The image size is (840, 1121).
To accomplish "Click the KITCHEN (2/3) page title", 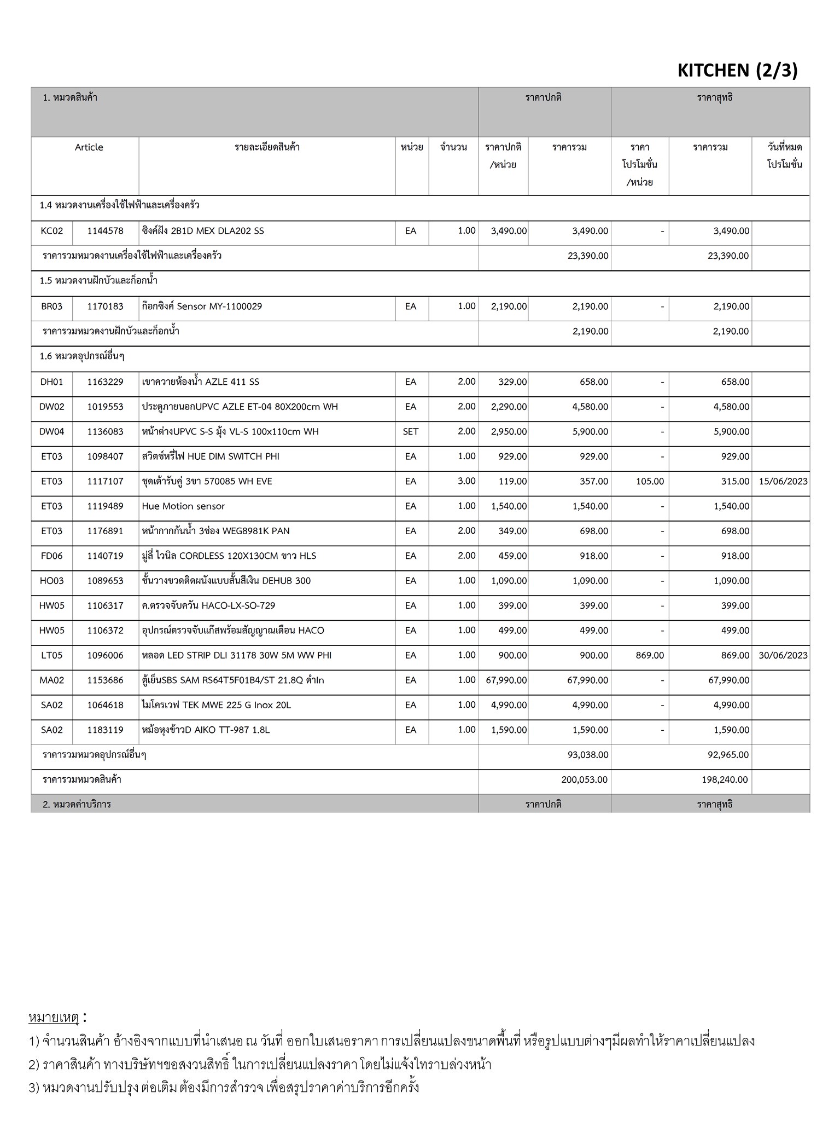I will (x=737, y=71).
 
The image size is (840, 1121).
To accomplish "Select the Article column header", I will (x=89, y=147).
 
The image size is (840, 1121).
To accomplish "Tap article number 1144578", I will (x=105, y=231).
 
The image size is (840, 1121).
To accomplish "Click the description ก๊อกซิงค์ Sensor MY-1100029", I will (x=202, y=307).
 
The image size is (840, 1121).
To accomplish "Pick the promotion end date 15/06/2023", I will (x=783, y=482).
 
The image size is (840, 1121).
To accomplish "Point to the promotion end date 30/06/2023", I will (x=783, y=656).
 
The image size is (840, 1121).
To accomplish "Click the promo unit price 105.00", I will (x=650, y=482).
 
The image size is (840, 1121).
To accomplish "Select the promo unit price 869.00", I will (x=650, y=656).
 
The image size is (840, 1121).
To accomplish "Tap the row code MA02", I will (x=51, y=680).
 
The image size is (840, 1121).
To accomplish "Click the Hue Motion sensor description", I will (x=183, y=506).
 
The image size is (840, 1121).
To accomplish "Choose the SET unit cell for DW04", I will (x=410, y=432).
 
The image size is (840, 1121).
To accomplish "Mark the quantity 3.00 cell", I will (x=466, y=481).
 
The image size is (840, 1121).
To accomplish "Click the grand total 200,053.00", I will (x=584, y=779).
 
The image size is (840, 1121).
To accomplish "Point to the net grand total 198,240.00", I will (x=725, y=779).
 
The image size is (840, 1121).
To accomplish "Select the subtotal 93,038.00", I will (x=588, y=755).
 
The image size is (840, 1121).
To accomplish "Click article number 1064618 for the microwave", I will (x=105, y=705).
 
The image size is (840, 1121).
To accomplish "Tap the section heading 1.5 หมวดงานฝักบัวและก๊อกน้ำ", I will (x=98, y=281).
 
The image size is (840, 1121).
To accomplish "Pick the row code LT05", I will (x=51, y=656).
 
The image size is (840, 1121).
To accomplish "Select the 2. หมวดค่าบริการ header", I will (x=77, y=804).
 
